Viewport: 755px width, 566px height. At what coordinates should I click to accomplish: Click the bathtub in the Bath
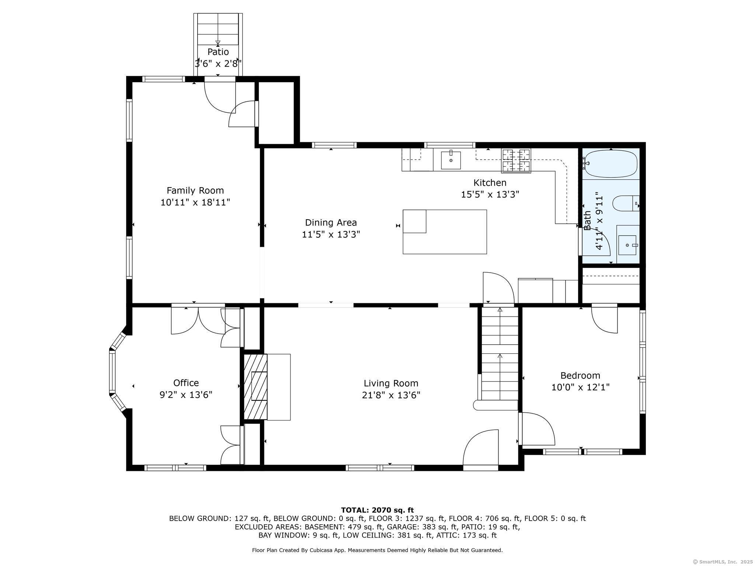(x=611, y=164)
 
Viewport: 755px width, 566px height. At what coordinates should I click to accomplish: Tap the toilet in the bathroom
(x=626, y=203)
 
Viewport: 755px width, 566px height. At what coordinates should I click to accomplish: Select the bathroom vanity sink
(x=628, y=245)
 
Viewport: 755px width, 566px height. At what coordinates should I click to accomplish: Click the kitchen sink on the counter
(x=451, y=160)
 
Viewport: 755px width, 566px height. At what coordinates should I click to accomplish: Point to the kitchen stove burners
(x=516, y=161)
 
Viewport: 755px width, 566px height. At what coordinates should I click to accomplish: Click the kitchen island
(x=445, y=232)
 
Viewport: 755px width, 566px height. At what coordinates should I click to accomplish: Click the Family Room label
(x=195, y=191)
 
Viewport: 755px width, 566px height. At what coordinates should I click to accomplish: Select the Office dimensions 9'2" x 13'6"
(x=186, y=395)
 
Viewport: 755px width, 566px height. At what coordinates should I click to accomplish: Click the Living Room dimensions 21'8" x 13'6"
(x=391, y=395)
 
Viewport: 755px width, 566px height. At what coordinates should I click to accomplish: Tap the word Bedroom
(x=580, y=375)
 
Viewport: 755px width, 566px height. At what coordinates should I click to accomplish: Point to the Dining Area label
(x=331, y=223)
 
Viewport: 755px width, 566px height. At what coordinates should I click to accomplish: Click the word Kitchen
(x=490, y=182)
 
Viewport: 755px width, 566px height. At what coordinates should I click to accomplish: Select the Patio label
(x=218, y=52)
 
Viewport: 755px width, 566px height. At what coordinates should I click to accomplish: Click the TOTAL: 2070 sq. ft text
(x=377, y=510)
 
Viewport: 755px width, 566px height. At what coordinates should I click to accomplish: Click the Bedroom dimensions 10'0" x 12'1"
(x=580, y=387)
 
